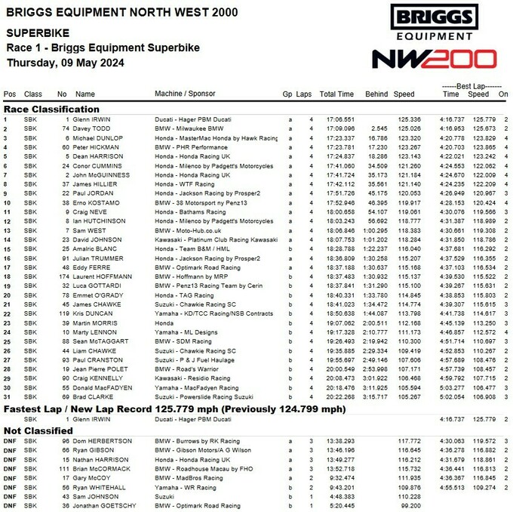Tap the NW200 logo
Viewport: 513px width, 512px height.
[434, 60]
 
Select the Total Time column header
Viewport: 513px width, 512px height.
[336, 94]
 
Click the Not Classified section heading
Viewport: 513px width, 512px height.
[35, 430]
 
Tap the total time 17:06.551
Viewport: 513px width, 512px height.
[339, 119]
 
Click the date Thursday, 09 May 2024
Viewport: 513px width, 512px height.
[66, 63]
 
